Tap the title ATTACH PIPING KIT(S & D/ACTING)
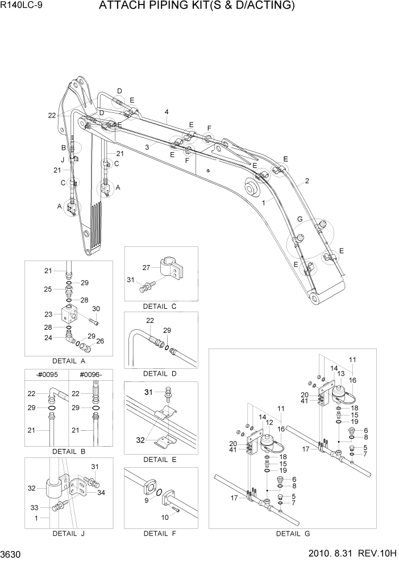(197, 6)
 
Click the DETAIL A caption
(68, 360)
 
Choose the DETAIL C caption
(160, 306)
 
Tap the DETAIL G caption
(293, 533)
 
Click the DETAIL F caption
(160, 533)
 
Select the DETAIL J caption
(68, 533)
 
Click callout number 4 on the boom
(167, 111)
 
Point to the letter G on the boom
(299, 220)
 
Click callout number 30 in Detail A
(96, 308)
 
